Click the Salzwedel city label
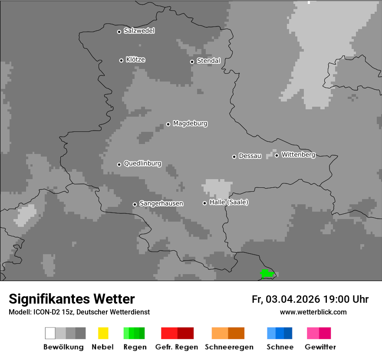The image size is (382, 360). point(139,31)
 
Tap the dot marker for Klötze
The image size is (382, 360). point(121,60)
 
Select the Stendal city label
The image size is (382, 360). point(208,61)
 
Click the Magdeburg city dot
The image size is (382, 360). point(168,124)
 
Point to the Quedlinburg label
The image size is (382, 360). point(142,164)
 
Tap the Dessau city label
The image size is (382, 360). point(250,156)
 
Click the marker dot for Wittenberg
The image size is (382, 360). point(277,155)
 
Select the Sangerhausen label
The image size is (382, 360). point(161,203)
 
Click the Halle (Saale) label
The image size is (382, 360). point(229,202)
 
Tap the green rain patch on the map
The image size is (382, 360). point(267,273)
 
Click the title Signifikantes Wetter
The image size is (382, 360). point(72,299)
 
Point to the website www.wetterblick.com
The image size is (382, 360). point(313,312)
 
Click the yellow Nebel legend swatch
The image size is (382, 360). point(103,333)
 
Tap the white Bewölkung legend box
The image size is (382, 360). point(50,333)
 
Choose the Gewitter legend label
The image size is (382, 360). point(320,347)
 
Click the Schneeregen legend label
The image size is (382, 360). point(229,347)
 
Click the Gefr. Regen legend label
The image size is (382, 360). point(176,347)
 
